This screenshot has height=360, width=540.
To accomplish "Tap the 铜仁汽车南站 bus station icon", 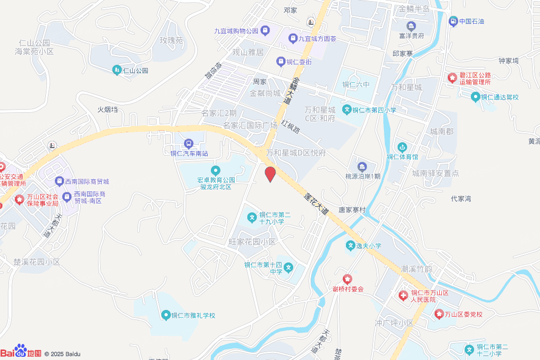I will tap(189, 143).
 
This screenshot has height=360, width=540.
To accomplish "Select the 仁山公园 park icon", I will tap(117, 70).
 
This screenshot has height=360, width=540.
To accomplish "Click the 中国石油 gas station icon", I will tap(453, 22).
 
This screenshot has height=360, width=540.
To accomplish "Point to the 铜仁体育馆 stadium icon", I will tap(402, 147).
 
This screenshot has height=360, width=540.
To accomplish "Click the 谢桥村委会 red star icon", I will tap(348, 279).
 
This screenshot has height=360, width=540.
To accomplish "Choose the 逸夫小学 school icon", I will tap(350, 245).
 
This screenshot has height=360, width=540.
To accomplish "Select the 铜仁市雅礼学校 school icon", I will tap(165, 316).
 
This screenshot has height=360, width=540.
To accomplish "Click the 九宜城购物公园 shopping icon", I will tap(264, 31).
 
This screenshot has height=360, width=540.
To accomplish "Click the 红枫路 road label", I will tap(290, 127).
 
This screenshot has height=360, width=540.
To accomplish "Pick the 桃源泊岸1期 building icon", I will tap(362, 167).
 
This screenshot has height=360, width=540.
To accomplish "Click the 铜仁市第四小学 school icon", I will tap(347, 110).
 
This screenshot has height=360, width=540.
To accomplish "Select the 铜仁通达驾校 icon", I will tap(475, 97).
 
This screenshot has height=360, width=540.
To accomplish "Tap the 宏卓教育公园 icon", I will tap(215, 170).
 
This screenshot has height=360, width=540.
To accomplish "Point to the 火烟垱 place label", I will tap(108, 110).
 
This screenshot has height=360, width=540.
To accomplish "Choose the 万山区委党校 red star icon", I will tap(439, 314).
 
